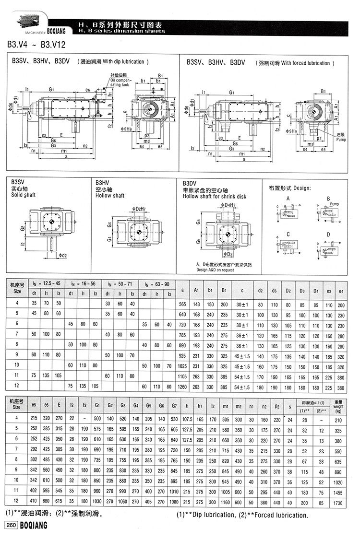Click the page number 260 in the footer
click(x=11, y=526)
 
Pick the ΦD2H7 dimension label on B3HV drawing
click(x=137, y=209)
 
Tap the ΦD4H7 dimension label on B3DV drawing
click(x=229, y=205)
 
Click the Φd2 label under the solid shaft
click(x=62, y=256)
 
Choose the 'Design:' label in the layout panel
click(x=302, y=188)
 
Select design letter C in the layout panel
click(x=288, y=234)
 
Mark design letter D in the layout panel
click(x=328, y=234)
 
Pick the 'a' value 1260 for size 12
click(x=182, y=387)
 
